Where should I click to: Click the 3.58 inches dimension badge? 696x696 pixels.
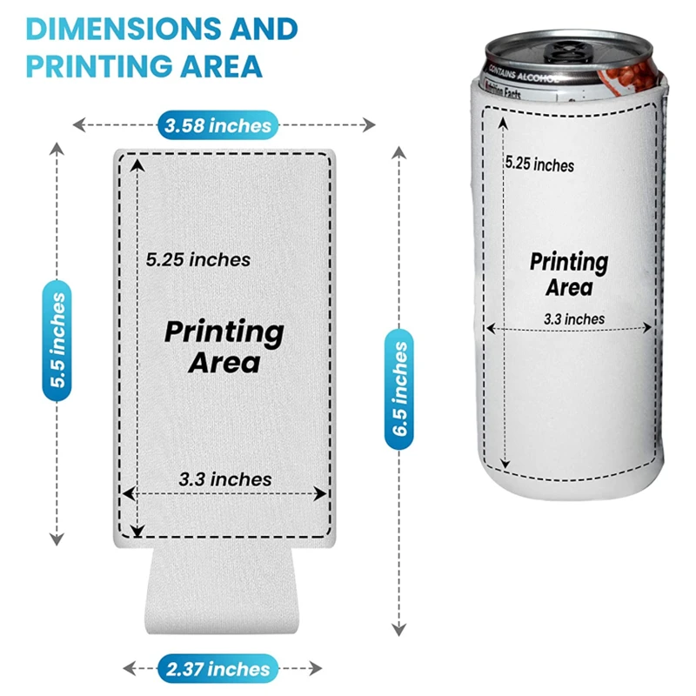click(217, 125)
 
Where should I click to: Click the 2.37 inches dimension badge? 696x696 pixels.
click(214, 669)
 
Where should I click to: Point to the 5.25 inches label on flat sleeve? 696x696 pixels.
click(198, 259)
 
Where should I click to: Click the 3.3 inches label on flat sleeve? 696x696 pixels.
click(225, 479)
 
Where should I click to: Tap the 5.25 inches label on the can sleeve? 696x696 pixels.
click(539, 164)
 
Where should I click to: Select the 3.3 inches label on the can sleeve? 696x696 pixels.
click(573, 319)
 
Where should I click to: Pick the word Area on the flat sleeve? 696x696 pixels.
click(224, 361)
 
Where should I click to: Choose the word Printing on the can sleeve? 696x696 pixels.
click(569, 262)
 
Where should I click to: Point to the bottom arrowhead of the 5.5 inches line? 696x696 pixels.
click(58, 540)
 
